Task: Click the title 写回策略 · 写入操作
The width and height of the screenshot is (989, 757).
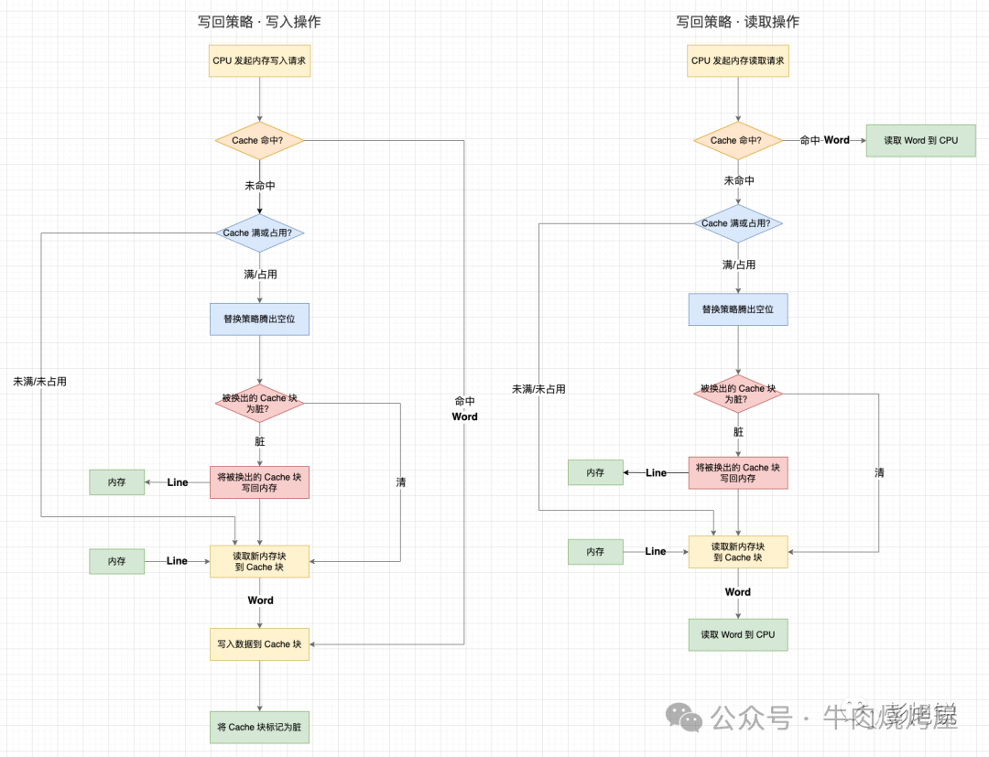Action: (x=259, y=22)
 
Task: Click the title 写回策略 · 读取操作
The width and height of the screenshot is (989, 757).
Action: (x=738, y=22)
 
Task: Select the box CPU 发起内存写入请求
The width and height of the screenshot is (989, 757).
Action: (x=259, y=61)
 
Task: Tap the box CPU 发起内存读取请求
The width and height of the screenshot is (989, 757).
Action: (x=738, y=61)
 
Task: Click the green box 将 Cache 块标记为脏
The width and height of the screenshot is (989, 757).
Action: (x=259, y=727)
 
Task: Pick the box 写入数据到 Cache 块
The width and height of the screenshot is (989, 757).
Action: (x=259, y=644)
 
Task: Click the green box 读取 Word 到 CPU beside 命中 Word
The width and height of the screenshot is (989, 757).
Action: (x=920, y=141)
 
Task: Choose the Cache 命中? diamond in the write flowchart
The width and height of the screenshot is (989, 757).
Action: (x=259, y=141)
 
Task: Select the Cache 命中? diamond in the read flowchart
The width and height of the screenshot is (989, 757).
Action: (x=738, y=141)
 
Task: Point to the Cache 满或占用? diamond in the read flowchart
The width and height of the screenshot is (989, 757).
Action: (x=738, y=223)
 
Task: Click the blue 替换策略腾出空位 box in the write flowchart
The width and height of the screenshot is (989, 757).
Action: (x=259, y=319)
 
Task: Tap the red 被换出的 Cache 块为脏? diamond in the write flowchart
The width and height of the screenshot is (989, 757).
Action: (x=259, y=404)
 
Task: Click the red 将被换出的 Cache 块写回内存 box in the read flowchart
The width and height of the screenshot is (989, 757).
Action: (x=738, y=472)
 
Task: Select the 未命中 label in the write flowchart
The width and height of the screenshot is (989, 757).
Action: (x=259, y=186)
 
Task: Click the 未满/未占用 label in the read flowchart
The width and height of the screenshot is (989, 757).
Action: (x=538, y=389)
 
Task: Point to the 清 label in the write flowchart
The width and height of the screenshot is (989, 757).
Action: (x=401, y=481)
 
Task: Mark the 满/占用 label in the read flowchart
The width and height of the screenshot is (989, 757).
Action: (x=738, y=265)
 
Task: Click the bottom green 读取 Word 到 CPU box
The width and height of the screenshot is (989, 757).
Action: (x=738, y=634)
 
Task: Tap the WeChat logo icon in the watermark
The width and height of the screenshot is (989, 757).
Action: (x=685, y=717)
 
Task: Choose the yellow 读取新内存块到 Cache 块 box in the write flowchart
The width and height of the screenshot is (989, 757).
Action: (x=259, y=561)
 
